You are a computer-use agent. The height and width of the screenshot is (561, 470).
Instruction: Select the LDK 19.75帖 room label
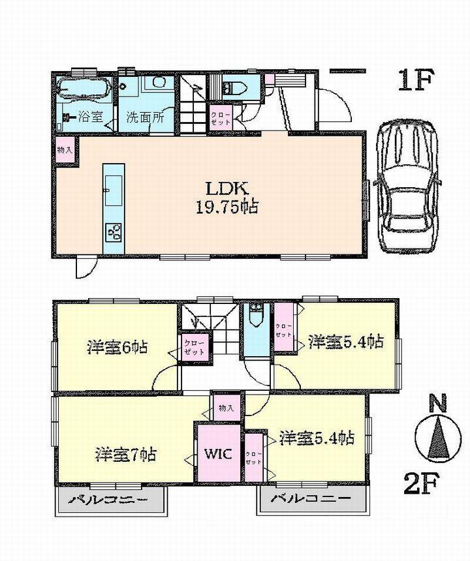coord(226,198)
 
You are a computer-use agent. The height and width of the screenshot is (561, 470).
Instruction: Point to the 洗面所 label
coord(144,119)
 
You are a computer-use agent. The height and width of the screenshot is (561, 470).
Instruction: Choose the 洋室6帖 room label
coord(116,346)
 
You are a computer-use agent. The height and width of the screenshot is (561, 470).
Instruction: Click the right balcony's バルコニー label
coord(308,501)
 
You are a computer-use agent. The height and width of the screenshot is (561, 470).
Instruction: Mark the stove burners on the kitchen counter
coord(114,232)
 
